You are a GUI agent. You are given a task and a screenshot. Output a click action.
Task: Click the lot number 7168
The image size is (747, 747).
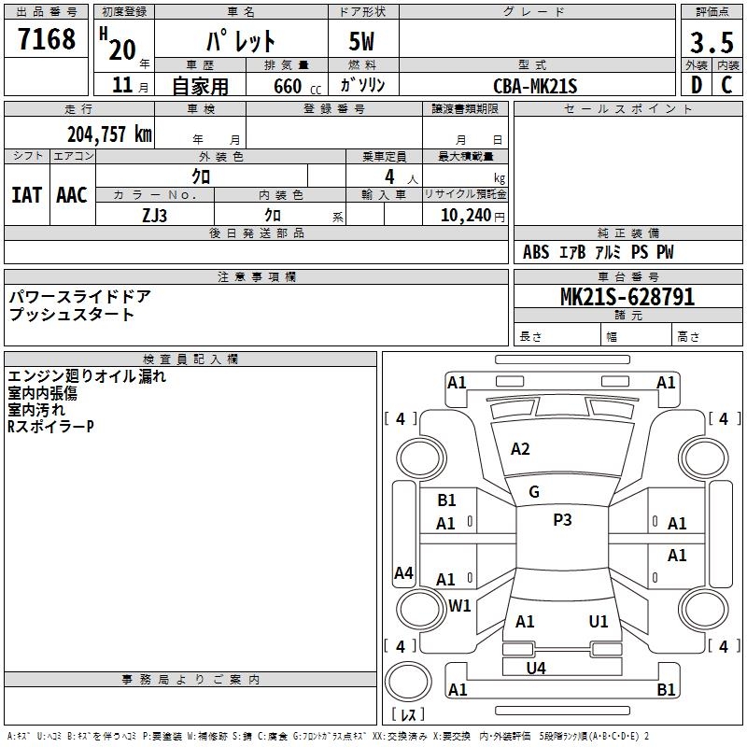(x=47, y=39)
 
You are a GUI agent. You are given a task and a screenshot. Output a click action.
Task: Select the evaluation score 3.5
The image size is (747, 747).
(x=710, y=42)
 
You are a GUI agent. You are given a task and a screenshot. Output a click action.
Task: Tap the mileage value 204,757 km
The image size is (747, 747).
(x=108, y=134)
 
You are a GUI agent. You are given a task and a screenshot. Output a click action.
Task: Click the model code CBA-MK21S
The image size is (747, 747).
(x=536, y=86)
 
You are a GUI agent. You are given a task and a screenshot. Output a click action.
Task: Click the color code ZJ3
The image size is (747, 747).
(x=155, y=214)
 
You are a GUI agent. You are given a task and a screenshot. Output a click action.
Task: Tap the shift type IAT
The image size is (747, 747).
(x=26, y=195)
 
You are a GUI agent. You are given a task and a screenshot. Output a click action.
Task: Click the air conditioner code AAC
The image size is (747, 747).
(x=72, y=195)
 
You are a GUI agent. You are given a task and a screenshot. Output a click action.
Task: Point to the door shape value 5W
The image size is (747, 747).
(x=363, y=42)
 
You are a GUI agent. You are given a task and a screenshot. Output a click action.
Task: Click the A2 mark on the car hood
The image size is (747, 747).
(x=520, y=449)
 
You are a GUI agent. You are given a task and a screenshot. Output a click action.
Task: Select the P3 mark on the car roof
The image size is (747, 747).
(x=562, y=520)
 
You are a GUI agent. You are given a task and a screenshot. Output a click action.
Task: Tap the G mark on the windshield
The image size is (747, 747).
(x=534, y=492)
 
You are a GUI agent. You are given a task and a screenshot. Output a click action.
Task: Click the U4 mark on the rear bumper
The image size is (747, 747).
(x=536, y=668)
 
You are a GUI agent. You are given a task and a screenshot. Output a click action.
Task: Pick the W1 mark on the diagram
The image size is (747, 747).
(x=459, y=605)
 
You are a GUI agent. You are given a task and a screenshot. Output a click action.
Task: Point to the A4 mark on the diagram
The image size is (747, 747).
(x=403, y=573)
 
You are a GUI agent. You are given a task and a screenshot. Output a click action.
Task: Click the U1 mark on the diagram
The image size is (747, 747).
(x=599, y=621)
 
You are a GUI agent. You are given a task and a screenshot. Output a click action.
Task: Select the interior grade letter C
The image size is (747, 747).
(x=726, y=86)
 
